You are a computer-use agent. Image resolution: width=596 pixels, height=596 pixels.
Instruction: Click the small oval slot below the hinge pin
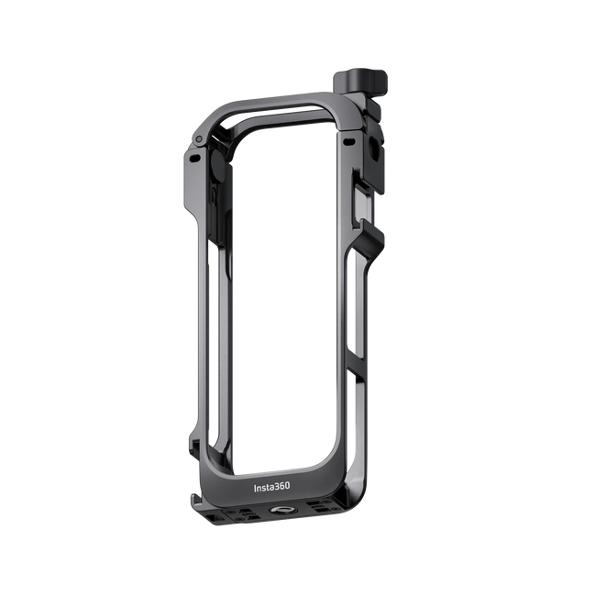(194, 158)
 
